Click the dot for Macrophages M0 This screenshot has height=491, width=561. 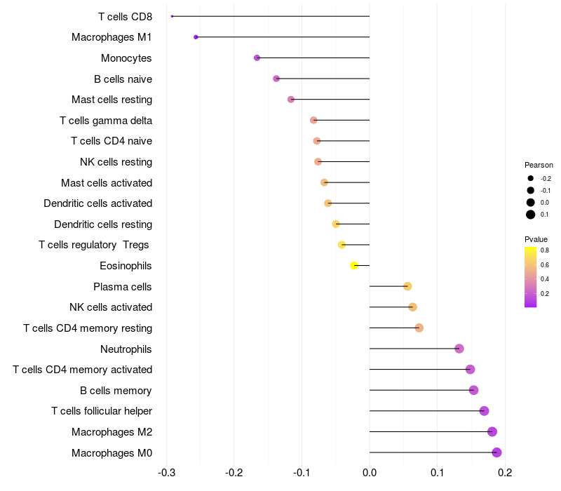click(x=496, y=452)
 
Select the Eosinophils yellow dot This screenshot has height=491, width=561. click(x=354, y=265)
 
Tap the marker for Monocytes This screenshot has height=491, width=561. click(x=257, y=58)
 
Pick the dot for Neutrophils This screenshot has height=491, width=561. click(x=459, y=349)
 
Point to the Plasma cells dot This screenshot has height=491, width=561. click(x=407, y=286)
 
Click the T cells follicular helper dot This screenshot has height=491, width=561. click(x=484, y=411)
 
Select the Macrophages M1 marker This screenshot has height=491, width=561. click(x=196, y=36)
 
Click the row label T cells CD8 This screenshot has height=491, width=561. click(x=125, y=16)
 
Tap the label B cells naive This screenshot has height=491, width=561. click(x=123, y=79)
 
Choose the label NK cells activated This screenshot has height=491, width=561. click(x=111, y=307)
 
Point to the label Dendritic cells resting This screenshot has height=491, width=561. click(x=103, y=224)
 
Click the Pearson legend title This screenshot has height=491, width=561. click(x=539, y=165)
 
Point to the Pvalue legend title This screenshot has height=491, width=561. click(x=536, y=239)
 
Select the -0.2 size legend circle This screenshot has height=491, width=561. click(x=531, y=178)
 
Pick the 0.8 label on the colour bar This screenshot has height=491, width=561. click(x=544, y=250)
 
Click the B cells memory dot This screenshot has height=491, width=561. click(x=473, y=390)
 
